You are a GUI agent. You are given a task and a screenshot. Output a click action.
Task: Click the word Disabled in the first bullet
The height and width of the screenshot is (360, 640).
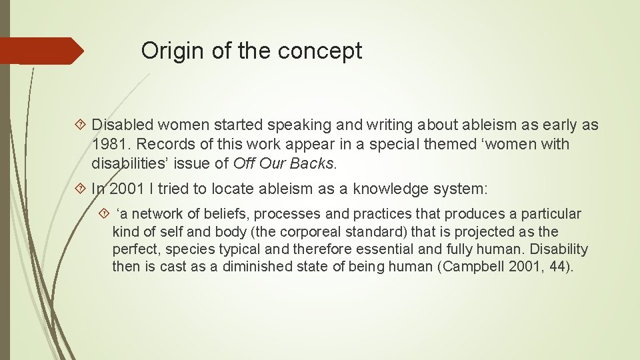point(123,125)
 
